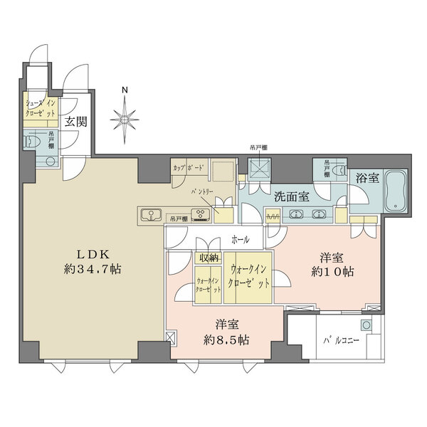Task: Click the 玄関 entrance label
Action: tap(76, 122)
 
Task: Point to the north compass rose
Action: tap(125, 117)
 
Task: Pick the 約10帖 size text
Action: tap(332, 271)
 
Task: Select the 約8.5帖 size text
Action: tap(225, 340)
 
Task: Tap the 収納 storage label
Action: tap(209, 258)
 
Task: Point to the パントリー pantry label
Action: tap(202, 193)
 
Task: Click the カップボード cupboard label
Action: tap(188, 168)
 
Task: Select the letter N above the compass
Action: tap(124, 90)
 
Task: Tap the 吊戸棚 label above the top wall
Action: tap(258, 148)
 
